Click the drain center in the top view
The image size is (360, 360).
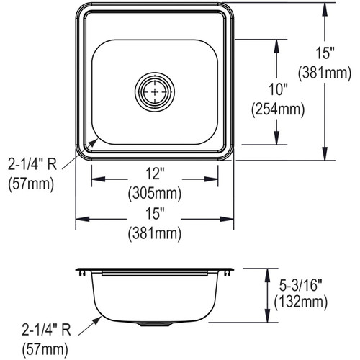pos(154,93)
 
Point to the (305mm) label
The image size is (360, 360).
pos(154,194)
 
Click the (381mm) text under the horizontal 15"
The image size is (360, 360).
pos(154,233)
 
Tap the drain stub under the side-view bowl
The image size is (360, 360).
pos(154,324)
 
